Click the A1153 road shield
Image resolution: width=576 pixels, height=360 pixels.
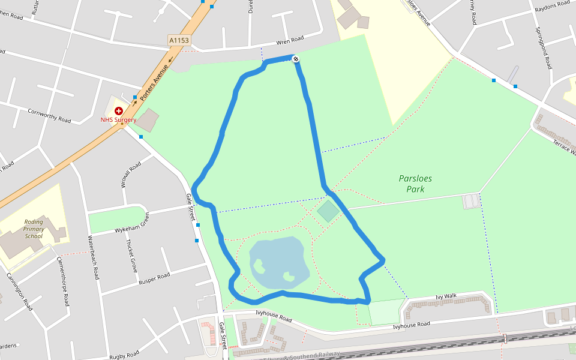[x=179, y=40]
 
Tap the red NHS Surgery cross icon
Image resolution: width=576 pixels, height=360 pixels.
[x=119, y=111]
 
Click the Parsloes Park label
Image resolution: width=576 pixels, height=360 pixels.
[x=415, y=184]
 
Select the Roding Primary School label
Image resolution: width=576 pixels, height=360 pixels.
[x=34, y=229]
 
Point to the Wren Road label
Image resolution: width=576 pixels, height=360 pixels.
[x=290, y=43]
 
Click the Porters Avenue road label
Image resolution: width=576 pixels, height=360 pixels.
[x=154, y=82]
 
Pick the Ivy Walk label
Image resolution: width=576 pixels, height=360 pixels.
[x=446, y=296]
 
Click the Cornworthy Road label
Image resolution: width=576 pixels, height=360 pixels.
[x=49, y=116]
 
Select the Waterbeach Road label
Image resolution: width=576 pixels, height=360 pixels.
[x=94, y=257]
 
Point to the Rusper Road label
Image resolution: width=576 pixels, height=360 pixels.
[x=155, y=278]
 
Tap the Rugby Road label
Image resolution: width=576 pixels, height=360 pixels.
[x=125, y=355]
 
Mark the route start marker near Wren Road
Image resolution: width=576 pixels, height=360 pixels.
[x=295, y=58]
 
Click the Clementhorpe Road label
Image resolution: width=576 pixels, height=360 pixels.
[x=63, y=281]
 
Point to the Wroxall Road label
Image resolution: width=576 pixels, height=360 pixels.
[x=131, y=175]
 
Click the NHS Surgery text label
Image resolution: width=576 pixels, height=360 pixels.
[x=118, y=120]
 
